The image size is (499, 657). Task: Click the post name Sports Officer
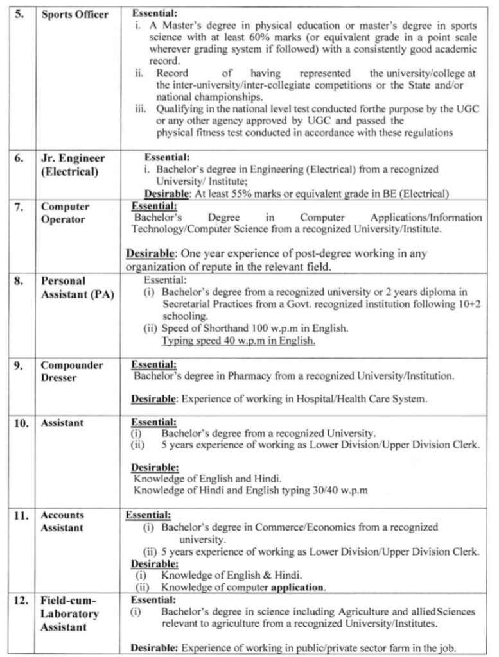tap(74, 15)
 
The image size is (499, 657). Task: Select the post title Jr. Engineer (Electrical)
tap(71, 165)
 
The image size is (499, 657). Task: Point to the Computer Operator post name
tap(65, 213)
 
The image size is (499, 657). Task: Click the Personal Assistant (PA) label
tap(76, 288)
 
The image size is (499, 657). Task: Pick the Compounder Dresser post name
tap(71, 371)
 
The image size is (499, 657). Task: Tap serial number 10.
tap(21, 423)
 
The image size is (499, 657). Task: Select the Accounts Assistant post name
tap(62, 521)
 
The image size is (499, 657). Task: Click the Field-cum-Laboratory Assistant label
tap(69, 614)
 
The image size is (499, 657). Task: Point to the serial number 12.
tap(21, 601)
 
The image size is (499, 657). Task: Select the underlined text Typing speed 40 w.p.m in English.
tap(238, 341)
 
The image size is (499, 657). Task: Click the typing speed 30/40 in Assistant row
tap(327, 491)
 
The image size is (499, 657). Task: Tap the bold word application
tap(297, 586)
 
